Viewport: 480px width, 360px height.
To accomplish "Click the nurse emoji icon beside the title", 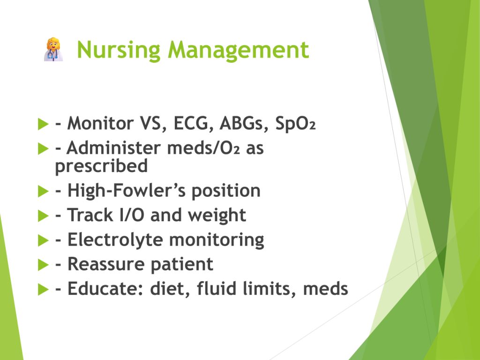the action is click(53, 50).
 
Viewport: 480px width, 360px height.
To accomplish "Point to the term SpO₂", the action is click(295, 123).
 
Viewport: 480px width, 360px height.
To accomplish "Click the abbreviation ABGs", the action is click(244, 123).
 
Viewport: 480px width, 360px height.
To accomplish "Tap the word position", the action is click(226, 191).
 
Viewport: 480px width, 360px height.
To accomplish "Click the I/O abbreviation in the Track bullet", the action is click(132, 215).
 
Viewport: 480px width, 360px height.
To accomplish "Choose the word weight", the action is click(217, 216).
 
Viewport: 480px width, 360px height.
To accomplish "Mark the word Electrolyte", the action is click(115, 240).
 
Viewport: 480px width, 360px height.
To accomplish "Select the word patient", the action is click(182, 264).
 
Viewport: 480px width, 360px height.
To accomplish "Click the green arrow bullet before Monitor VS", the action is click(43, 124).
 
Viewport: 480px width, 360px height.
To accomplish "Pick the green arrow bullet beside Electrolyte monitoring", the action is click(43, 240).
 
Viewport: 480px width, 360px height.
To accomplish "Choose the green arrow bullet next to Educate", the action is click(43, 289).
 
